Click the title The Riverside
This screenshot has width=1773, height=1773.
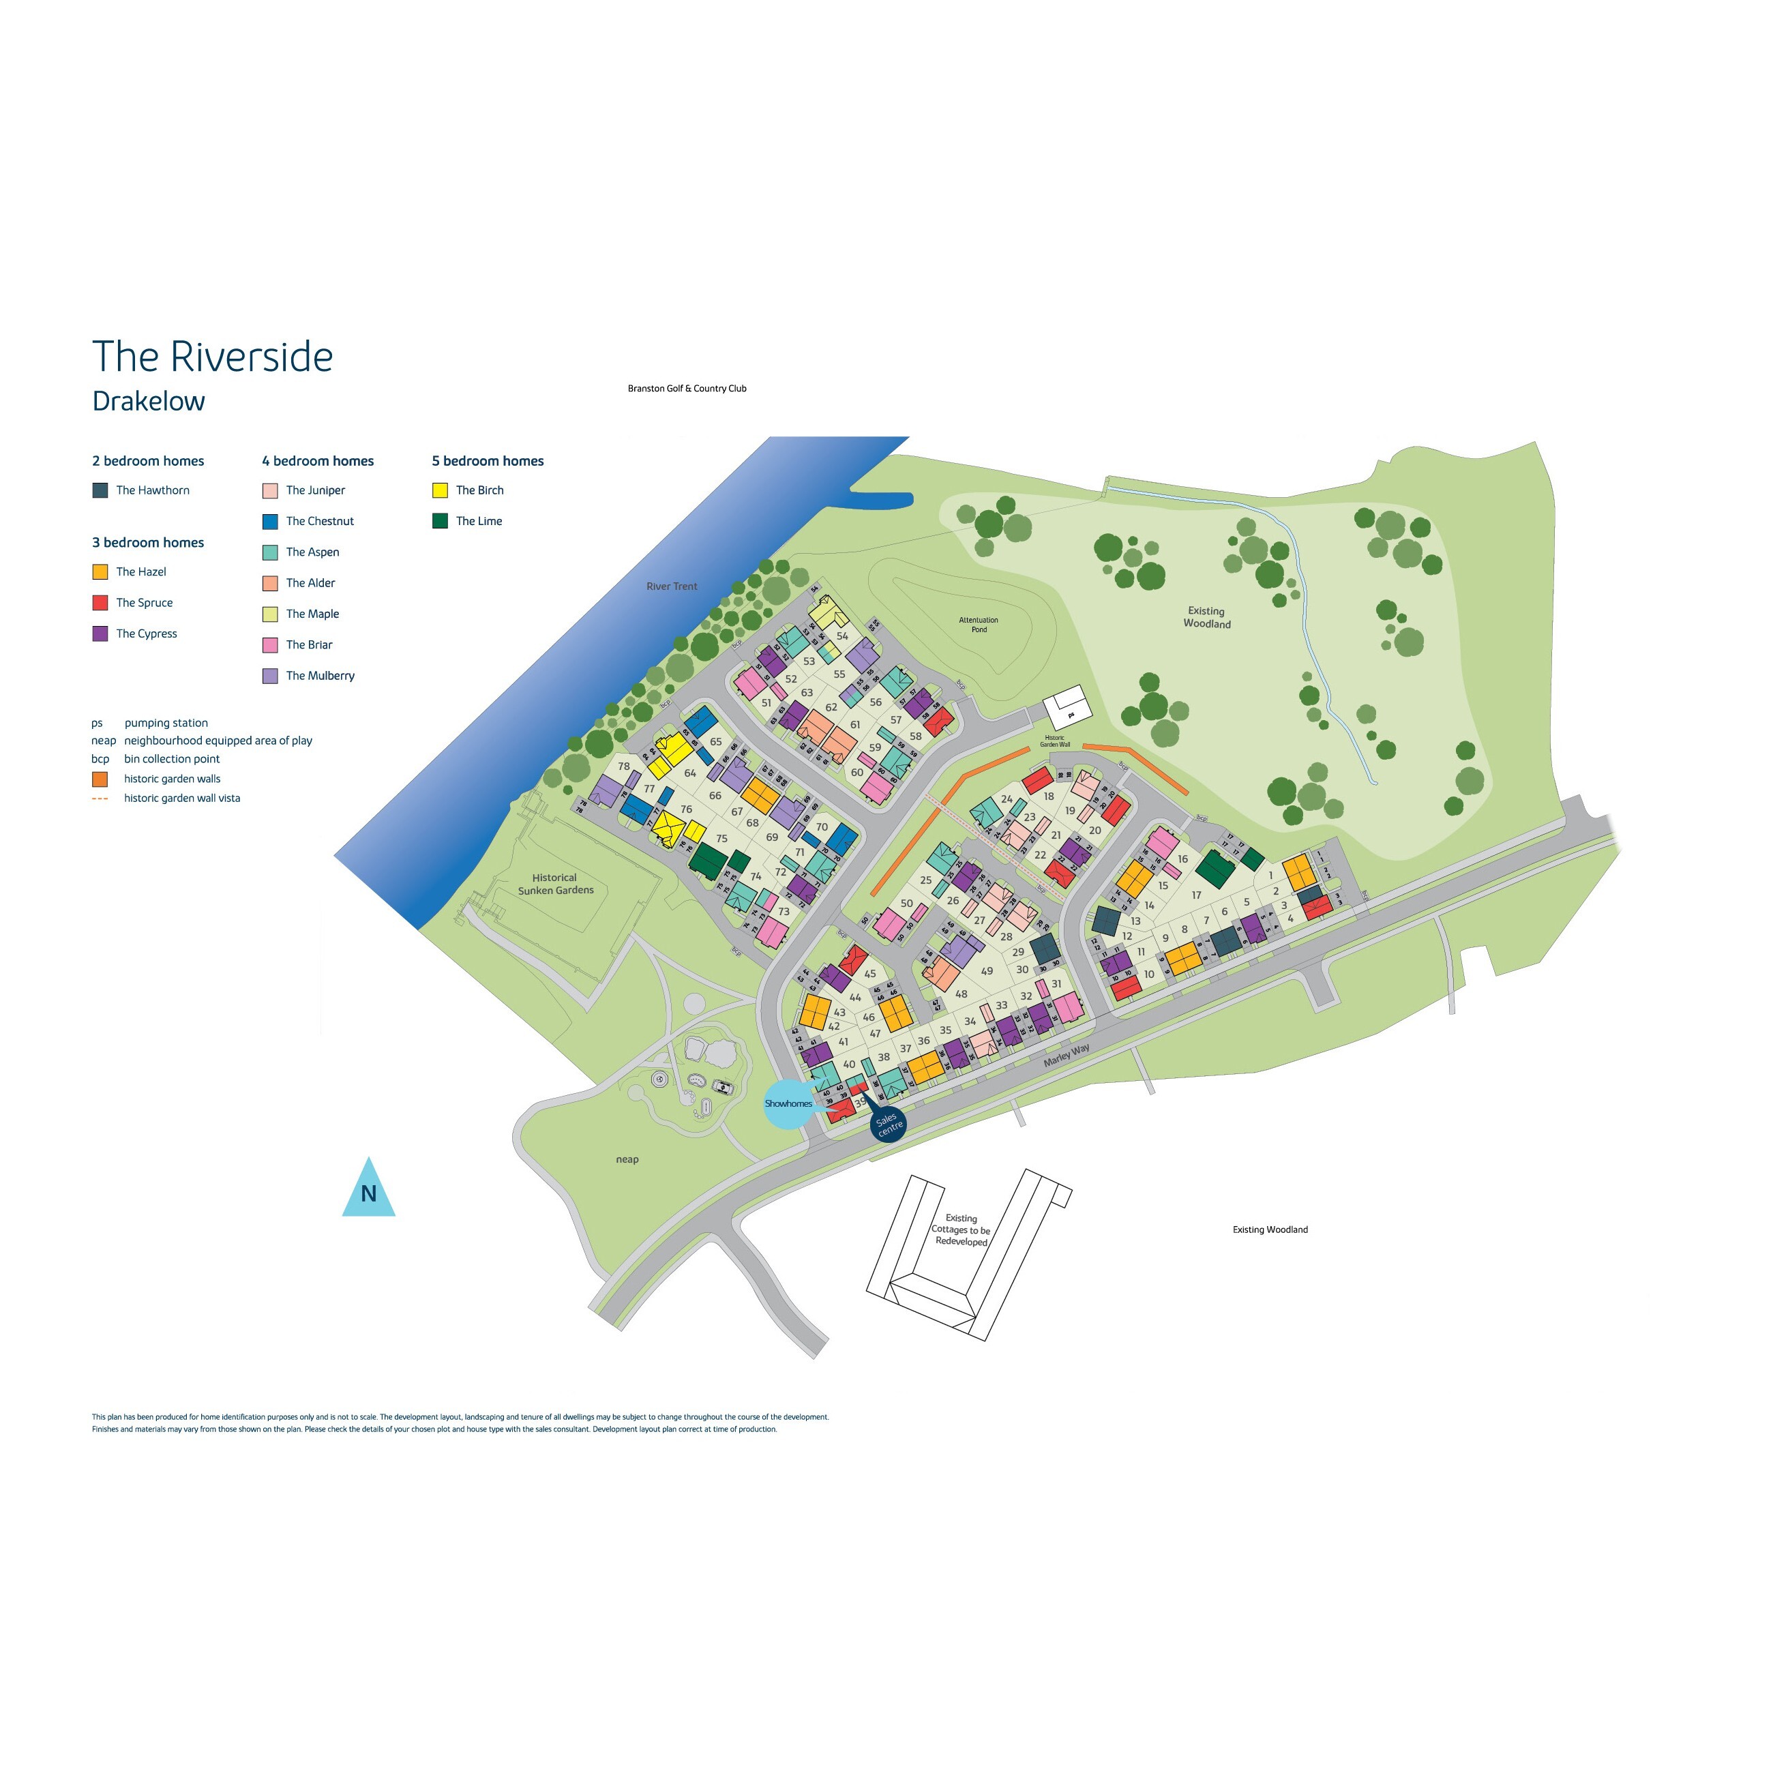(212, 357)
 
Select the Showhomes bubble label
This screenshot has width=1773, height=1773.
(788, 1103)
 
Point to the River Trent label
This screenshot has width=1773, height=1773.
(672, 586)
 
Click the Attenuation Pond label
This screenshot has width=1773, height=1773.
(979, 624)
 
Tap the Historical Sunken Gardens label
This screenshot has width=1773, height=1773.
(555, 884)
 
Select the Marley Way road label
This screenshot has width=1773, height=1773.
(1067, 1054)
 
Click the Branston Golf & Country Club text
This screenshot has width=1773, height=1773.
(687, 388)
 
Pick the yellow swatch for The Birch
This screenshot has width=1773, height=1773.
(441, 490)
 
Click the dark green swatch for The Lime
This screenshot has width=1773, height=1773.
(441, 521)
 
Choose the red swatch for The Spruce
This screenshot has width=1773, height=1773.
(100, 603)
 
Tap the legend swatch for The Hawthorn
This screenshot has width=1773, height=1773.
(100, 490)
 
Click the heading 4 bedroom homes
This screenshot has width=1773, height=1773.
(318, 461)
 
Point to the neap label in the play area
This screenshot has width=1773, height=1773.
(627, 1159)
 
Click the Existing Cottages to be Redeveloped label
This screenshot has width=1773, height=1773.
(961, 1230)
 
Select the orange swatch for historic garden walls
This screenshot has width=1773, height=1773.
(100, 779)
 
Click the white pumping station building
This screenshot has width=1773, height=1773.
(1067, 708)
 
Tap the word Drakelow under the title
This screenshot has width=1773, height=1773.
(149, 401)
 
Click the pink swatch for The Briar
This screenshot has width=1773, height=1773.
(270, 645)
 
